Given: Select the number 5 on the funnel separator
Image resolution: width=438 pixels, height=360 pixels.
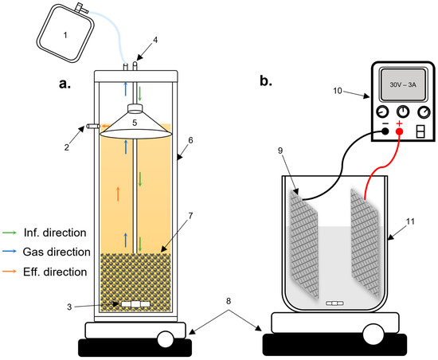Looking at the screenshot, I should (x=136, y=123).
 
